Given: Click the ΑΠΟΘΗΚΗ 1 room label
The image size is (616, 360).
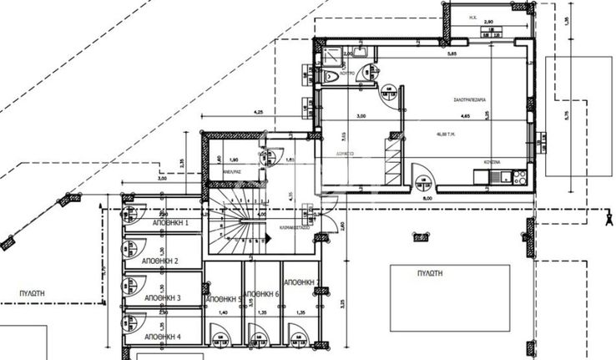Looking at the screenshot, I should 170,224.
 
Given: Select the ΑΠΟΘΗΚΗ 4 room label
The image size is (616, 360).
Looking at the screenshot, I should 162,336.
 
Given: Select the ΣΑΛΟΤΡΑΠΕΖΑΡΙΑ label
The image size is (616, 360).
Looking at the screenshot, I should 469,99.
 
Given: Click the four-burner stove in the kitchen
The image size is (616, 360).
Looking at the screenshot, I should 518,175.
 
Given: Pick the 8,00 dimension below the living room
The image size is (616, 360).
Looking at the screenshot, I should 427,198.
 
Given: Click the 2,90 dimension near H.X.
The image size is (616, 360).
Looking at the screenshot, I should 488,21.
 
